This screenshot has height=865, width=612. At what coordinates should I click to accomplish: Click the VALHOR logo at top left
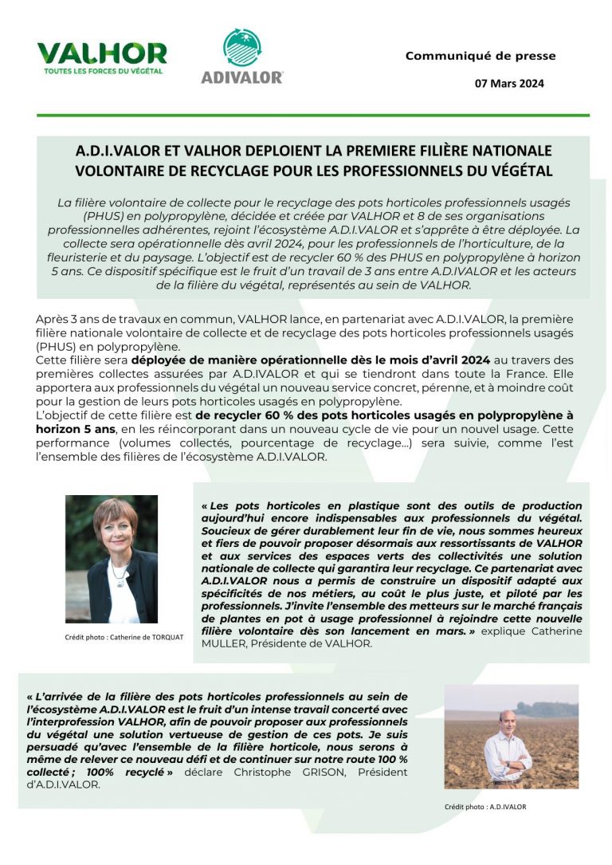point(102,54)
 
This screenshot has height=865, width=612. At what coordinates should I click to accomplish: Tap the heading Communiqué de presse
point(481,56)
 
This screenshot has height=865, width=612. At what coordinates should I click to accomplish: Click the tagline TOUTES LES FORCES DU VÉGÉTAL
point(103,71)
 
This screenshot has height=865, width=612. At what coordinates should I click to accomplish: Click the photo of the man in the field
point(511,736)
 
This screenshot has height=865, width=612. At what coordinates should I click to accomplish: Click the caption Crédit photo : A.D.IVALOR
point(485,806)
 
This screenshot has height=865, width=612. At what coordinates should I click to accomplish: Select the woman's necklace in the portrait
point(118,572)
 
